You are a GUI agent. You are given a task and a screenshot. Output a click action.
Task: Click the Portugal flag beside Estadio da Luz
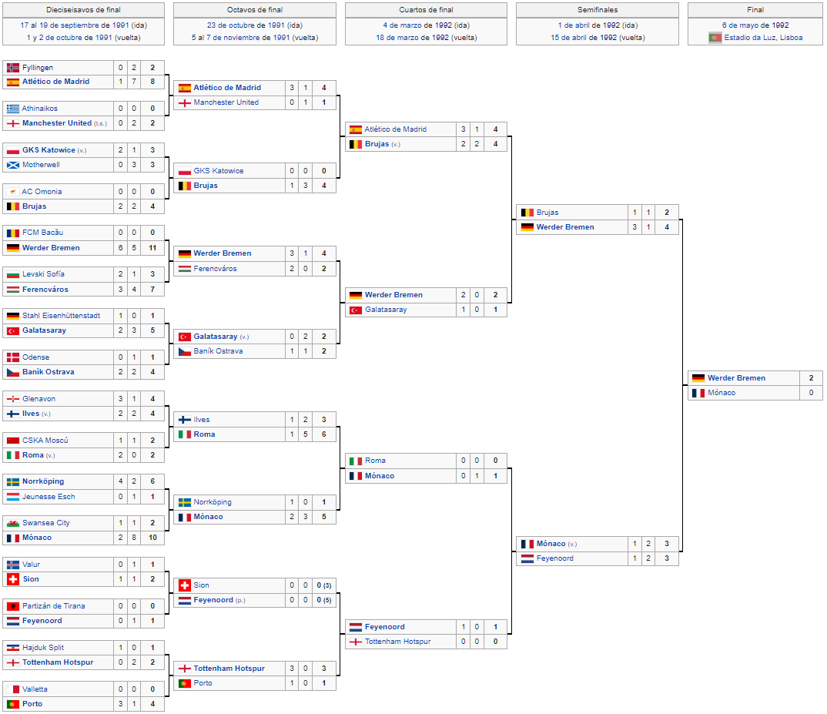click(x=715, y=38)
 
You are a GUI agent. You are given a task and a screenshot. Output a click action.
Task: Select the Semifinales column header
click(x=597, y=9)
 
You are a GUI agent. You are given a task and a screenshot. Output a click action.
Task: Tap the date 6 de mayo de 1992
click(x=755, y=25)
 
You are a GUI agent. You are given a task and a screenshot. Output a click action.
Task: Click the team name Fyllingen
click(x=38, y=68)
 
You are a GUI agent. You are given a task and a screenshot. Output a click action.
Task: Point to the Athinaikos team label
click(x=39, y=108)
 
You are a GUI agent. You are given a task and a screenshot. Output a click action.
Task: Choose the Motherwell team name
click(x=41, y=165)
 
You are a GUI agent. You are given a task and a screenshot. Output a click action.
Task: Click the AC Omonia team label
click(x=42, y=192)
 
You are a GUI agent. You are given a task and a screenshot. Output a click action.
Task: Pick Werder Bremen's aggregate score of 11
click(x=152, y=247)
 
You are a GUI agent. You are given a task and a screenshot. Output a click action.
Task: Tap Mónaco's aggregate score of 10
click(x=152, y=537)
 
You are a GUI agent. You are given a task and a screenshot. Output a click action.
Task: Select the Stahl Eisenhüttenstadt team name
click(x=61, y=316)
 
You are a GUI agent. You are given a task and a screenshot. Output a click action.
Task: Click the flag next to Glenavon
click(x=13, y=399)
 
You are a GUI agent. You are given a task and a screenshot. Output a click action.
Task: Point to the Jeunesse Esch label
click(x=49, y=497)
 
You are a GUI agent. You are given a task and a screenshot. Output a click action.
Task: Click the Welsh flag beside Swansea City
click(x=13, y=523)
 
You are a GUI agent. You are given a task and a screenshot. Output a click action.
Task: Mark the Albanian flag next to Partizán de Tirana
click(x=13, y=606)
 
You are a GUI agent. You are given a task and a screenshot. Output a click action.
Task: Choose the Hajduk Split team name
click(x=42, y=648)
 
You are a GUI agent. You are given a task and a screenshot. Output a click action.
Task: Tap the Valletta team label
click(x=35, y=689)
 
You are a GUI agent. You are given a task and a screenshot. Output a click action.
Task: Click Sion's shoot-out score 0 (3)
click(x=324, y=585)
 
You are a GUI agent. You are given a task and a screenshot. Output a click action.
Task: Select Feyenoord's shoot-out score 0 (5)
click(x=324, y=600)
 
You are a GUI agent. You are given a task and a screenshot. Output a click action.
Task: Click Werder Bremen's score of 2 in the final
click(x=811, y=378)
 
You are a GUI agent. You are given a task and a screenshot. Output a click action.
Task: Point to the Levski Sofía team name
click(x=43, y=274)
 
